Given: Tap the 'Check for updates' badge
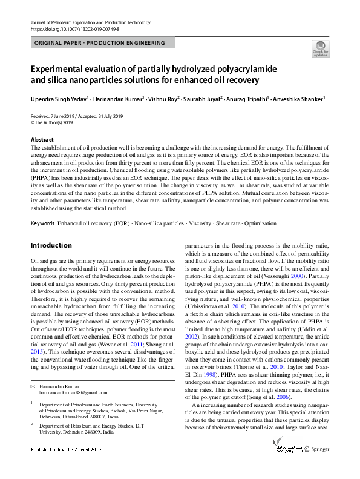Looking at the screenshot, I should click(x=320, y=48).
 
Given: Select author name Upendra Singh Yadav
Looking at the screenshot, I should click(x=59, y=99).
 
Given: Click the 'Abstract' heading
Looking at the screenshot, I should click(x=42, y=140).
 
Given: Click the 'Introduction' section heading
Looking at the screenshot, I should click(x=51, y=245).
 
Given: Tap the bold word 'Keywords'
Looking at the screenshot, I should click(x=42, y=223).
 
